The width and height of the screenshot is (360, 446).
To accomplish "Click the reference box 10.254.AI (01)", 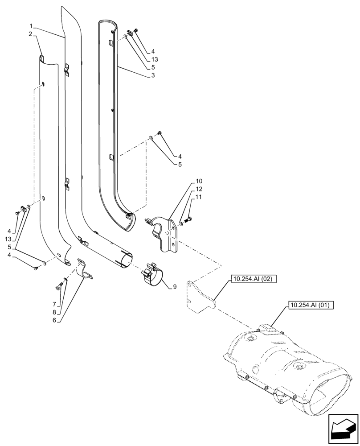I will coord(311,306).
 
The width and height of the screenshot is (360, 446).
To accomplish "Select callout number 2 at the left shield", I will coord(30,34).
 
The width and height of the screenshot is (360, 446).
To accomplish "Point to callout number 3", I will coord(153,75).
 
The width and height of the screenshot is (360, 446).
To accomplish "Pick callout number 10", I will coord(199,182).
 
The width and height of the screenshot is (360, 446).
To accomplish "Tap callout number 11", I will coord(199,197).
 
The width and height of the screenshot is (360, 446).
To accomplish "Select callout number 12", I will coord(199,190).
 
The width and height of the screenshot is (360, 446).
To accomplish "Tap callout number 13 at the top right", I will coord(155,59).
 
